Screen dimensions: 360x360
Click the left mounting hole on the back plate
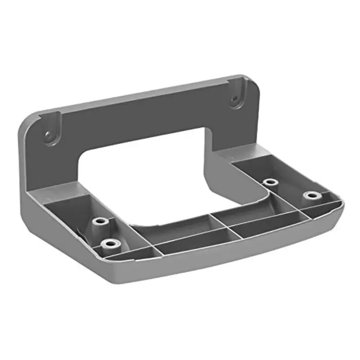[48, 135]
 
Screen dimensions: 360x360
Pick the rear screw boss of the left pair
[100, 222]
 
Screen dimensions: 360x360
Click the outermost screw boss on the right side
[310, 196]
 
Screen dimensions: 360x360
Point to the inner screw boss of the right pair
[269, 183]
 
